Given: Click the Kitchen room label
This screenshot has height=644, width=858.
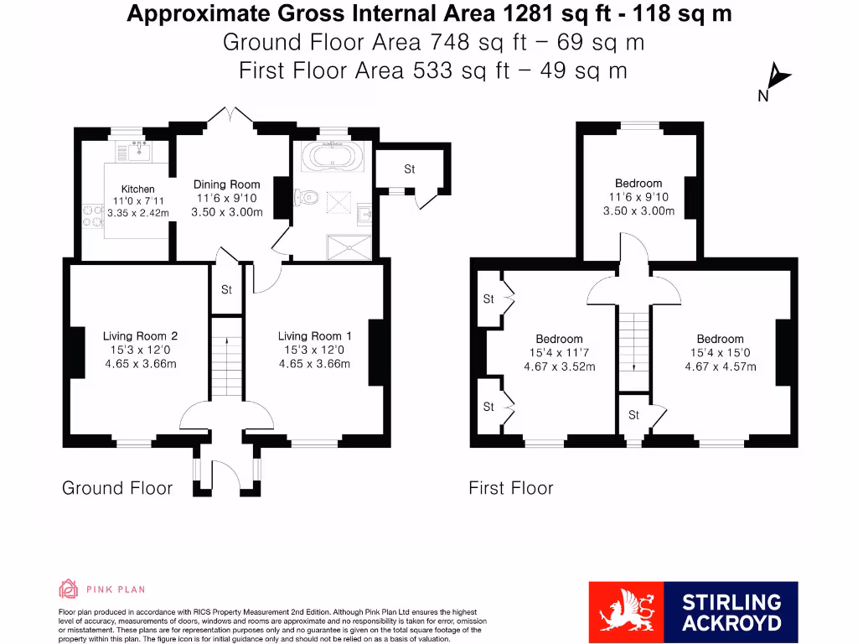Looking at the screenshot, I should point(138,189).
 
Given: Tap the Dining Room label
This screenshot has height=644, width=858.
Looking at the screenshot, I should point(227,184).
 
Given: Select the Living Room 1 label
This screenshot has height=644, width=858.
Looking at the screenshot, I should point(314,336).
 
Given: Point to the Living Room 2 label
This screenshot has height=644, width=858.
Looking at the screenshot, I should point(140,336).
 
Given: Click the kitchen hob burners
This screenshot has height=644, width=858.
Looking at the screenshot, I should point(91,216).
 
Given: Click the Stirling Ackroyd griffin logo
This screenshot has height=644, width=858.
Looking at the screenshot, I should point(626,613).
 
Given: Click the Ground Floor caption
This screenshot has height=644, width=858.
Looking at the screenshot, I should point(117,488).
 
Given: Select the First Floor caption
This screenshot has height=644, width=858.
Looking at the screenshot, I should point(511,488).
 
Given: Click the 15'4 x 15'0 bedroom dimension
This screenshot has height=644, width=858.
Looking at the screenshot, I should point(720,353).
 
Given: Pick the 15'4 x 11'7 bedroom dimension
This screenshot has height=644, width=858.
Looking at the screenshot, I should point(559,353).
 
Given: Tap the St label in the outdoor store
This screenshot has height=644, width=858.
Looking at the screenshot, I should point(409,169).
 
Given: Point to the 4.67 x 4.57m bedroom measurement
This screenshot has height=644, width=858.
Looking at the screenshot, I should point(720,366).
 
